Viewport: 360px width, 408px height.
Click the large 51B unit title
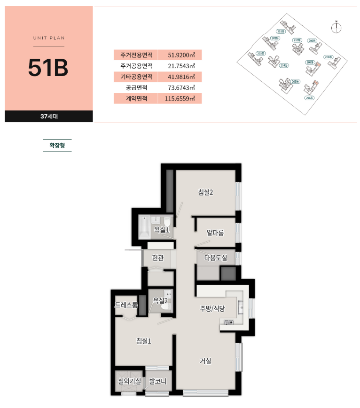point(48,68)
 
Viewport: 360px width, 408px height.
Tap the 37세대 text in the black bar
point(49,116)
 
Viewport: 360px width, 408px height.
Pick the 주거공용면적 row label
point(136,66)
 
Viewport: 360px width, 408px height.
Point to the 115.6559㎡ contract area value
point(180,99)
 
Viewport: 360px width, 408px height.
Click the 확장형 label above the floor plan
point(57,145)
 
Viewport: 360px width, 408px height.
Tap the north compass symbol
point(336,28)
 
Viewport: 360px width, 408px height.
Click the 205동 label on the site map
point(295,82)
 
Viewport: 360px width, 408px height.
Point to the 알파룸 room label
point(215,232)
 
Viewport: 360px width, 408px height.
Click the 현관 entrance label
point(158,258)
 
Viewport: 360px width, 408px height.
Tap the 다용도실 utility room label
point(215,258)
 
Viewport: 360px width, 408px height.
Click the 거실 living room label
point(205,361)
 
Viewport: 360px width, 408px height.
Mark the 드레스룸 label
point(126,305)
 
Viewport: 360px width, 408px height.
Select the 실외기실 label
point(129,381)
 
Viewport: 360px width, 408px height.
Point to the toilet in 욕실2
point(165,306)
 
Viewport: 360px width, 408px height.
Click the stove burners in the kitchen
point(229,322)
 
